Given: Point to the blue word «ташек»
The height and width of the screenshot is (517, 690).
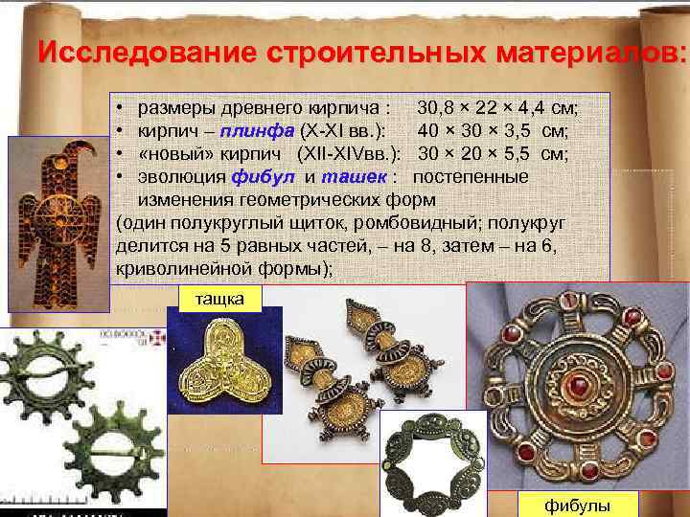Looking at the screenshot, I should [x=356, y=177].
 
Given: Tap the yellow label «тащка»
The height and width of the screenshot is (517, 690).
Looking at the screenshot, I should [x=220, y=299].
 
